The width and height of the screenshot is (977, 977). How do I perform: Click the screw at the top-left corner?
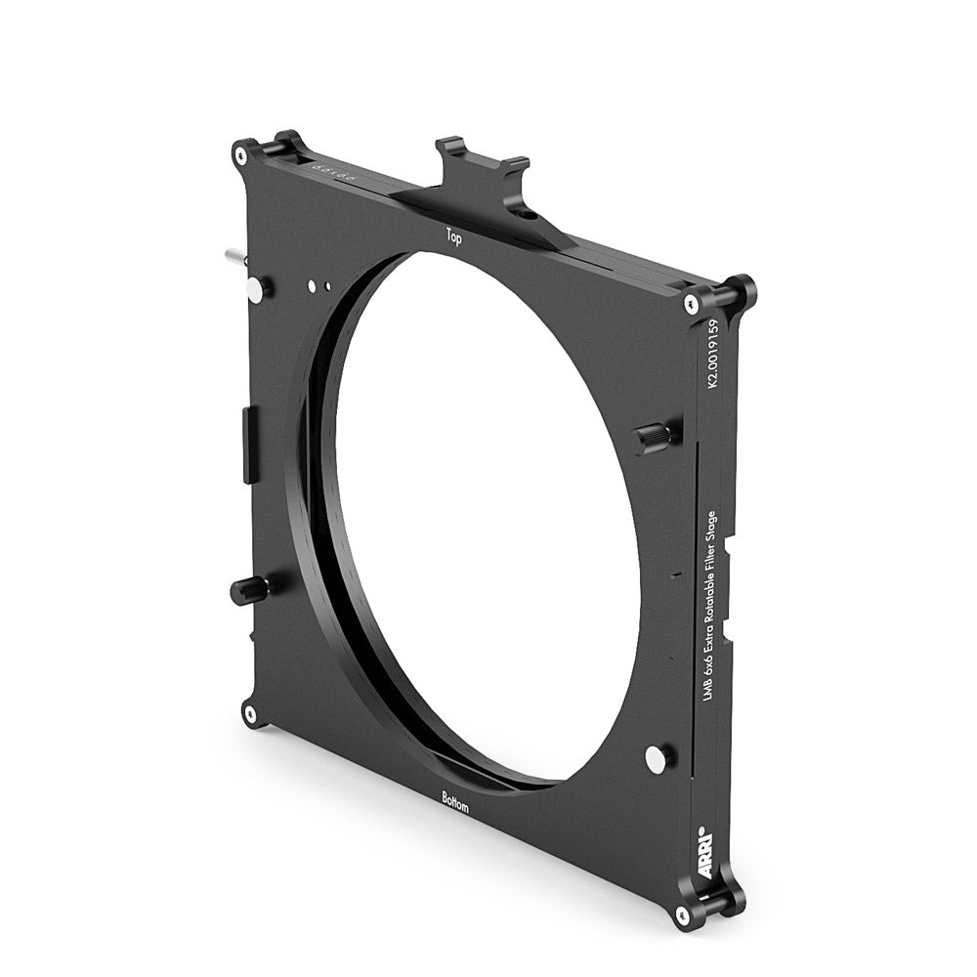point(239,155)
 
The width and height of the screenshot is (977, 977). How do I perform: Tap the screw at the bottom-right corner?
point(682,913)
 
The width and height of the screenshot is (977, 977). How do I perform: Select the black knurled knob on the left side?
point(247,589)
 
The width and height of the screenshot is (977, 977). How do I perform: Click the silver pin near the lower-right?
point(658,756)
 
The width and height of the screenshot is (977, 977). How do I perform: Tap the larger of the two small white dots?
point(312,285)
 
